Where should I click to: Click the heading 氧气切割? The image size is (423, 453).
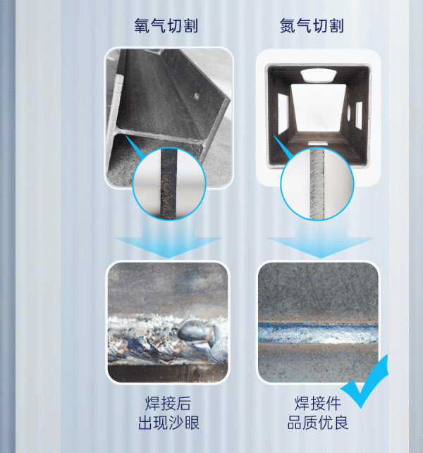pos(166,25)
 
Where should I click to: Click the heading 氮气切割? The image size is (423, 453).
pos(312,25)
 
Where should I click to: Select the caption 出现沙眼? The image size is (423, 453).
pos(169,423)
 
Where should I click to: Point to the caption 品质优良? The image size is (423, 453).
pos(318,423)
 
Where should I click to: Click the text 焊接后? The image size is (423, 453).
pos(168,403)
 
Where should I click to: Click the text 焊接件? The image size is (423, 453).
pos(318,403)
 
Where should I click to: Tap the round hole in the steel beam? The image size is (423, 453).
pos(197,96)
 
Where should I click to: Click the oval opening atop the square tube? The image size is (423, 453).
pos(318,75)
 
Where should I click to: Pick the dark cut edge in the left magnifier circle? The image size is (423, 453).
pos(168,182)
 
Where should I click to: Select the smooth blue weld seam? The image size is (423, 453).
pos(318,333)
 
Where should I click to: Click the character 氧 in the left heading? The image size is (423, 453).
pos(142,25)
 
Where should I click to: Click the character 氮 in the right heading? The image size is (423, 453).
pos(288,25)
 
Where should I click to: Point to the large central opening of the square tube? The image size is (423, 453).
pos(318,108)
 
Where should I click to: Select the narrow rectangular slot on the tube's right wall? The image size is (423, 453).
pos(359,116)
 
